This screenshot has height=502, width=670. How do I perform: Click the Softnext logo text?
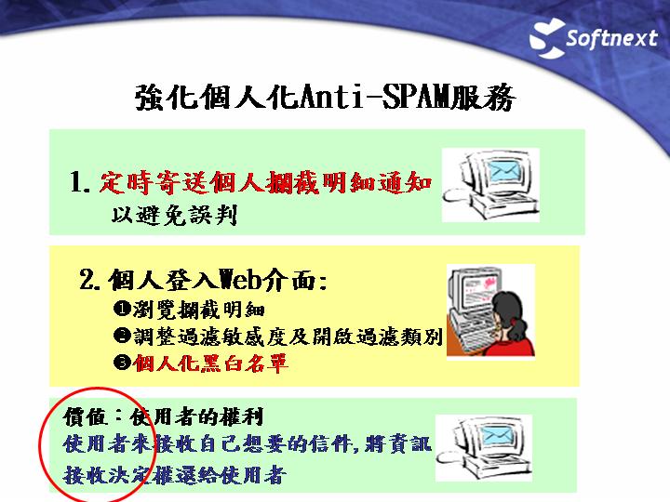[611, 38]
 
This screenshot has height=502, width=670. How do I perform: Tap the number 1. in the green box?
[80, 182]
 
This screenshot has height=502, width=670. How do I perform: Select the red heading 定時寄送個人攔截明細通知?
[265, 182]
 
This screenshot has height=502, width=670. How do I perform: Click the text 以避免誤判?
[174, 215]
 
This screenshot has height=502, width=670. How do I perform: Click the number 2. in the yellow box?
[90, 280]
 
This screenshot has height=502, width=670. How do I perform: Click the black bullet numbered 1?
[122, 309]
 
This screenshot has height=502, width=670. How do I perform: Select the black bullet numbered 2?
[122, 336]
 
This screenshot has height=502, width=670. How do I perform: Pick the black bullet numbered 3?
[122, 363]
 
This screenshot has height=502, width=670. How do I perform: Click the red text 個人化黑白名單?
[210, 363]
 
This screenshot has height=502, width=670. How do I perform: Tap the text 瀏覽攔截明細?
[198, 309]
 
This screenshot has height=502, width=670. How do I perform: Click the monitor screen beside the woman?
[480, 289]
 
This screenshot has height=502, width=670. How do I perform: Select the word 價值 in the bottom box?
[85, 416]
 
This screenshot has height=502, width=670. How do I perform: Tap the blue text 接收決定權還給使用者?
[174, 475]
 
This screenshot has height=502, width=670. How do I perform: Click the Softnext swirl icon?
[547, 38]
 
